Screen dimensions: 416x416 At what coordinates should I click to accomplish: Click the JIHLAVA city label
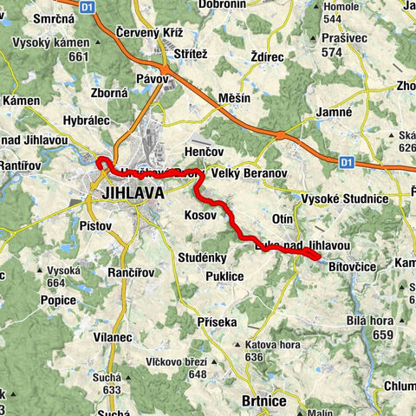point(133,193)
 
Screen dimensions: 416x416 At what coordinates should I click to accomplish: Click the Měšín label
point(234,98)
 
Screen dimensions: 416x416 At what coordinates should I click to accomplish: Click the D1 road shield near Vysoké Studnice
point(347,160)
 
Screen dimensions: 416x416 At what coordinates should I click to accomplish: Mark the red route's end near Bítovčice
point(318,256)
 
